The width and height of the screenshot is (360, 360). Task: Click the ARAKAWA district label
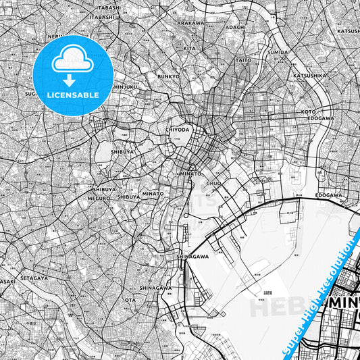190,23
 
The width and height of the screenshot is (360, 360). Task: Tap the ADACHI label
235,27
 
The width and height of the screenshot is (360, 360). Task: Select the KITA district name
189,49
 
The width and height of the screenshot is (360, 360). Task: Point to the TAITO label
243,60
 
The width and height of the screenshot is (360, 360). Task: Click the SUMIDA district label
278,52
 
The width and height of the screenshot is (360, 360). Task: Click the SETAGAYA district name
33,278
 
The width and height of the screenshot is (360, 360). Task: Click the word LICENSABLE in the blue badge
72,95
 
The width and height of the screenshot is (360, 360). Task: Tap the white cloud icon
72,60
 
